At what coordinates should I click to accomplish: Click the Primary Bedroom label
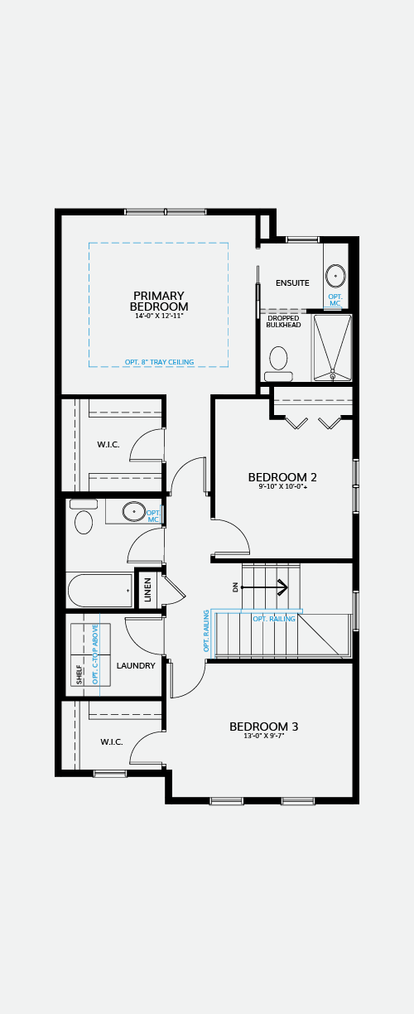click(159, 301)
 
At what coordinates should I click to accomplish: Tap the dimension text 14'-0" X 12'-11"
click(159, 316)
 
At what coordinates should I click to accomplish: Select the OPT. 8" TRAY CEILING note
click(159, 362)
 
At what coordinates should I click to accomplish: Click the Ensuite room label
click(293, 283)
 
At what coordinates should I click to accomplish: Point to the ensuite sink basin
click(335, 275)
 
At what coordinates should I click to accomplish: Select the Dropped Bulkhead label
click(283, 321)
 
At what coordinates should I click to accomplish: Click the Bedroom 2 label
click(282, 477)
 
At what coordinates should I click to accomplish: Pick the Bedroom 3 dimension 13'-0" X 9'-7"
click(264, 736)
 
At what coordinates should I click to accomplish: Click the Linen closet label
click(148, 589)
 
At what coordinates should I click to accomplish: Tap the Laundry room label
click(136, 665)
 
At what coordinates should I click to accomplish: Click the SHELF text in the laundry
click(79, 674)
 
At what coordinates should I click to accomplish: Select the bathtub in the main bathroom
click(99, 591)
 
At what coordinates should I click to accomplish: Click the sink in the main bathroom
click(134, 511)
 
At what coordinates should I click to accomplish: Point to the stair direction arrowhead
click(283, 587)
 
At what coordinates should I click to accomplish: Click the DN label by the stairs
click(235, 587)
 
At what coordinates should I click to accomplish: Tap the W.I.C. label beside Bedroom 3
click(112, 742)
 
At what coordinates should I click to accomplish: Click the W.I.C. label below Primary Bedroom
click(108, 445)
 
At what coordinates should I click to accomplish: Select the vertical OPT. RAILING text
click(206, 631)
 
